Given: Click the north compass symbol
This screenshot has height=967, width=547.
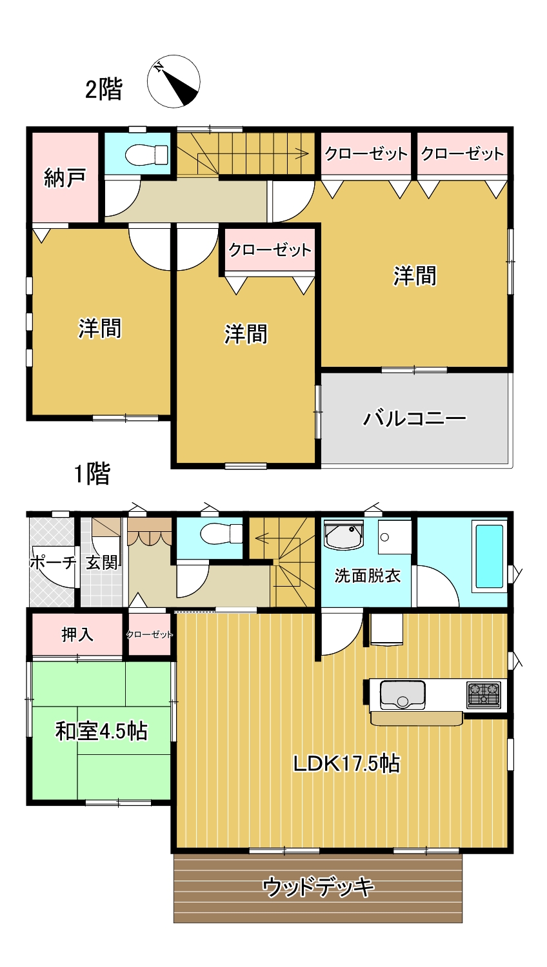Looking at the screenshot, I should [x=174, y=82].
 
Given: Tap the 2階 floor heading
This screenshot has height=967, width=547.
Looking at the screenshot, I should [x=103, y=89].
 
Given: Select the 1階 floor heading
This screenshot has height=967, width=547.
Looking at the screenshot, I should [x=92, y=474].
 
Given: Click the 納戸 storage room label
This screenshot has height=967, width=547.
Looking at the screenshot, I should [x=65, y=177].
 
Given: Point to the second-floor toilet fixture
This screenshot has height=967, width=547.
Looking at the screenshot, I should [x=146, y=155].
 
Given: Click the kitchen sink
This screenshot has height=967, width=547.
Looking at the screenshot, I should [x=403, y=694].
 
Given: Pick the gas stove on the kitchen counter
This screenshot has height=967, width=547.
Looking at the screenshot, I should [x=484, y=694].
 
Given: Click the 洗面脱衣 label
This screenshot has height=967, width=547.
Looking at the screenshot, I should [x=367, y=575].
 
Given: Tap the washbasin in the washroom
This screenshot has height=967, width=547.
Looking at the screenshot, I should [x=343, y=536].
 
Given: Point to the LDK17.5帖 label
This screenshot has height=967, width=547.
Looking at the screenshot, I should [x=346, y=763].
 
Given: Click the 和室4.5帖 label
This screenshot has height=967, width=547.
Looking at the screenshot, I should [x=101, y=731].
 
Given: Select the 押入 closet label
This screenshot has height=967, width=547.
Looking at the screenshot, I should [x=77, y=634].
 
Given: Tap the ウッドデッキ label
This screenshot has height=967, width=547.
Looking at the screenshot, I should [x=318, y=888].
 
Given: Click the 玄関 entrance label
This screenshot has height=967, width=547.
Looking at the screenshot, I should [x=102, y=562].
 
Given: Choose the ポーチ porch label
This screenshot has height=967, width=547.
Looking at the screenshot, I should [x=53, y=562].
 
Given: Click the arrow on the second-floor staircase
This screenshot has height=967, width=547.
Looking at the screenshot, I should [x=301, y=153].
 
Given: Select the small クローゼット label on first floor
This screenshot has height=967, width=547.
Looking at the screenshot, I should [x=150, y=634].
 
